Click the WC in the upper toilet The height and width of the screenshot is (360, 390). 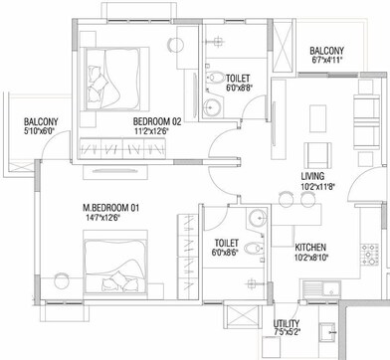click(x=212, y=78)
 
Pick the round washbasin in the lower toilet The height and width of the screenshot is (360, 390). click(x=255, y=220)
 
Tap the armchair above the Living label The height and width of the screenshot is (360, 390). click(x=318, y=153)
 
